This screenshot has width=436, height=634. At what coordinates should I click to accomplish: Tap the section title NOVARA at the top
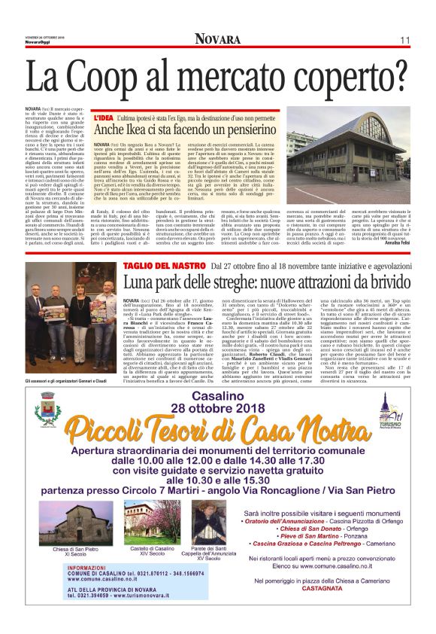tap(218, 39)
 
